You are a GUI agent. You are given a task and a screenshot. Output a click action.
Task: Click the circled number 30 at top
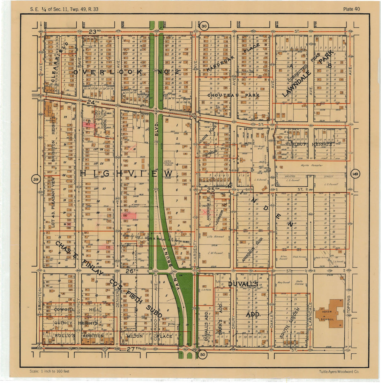pos(205,26)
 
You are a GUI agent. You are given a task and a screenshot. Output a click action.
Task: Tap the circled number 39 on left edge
pos(35,180)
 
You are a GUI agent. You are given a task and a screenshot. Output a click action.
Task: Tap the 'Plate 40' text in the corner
pos(351,9)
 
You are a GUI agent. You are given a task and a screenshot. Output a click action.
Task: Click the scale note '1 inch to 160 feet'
pos(49,371)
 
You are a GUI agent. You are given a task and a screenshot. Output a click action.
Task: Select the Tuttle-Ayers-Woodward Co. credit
pos(339,372)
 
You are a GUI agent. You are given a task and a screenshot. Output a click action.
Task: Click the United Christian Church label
pos(168,163)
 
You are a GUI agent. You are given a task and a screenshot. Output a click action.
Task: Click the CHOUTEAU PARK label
pos(234,95)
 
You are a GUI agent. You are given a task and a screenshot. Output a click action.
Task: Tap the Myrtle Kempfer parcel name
pos(311,165)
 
